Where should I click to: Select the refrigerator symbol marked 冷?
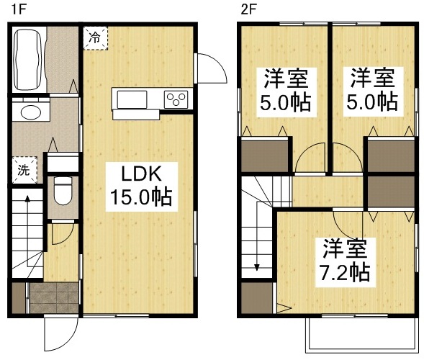click(x=94, y=39)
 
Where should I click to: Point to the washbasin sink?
click(x=30, y=112)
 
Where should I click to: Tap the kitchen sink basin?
click(x=130, y=99)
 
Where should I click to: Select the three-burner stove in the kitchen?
click(x=176, y=99)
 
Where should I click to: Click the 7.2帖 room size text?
click(x=346, y=274)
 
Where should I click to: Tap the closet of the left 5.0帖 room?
click(x=265, y=154)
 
